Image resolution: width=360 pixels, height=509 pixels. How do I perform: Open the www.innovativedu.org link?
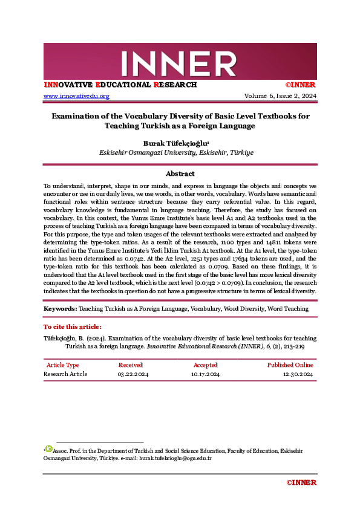76,96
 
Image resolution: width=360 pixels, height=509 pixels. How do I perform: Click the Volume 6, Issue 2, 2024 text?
280,96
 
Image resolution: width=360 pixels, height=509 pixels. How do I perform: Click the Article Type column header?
63,365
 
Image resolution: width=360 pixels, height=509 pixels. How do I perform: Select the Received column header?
130,365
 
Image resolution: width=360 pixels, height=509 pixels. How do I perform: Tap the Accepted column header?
205,365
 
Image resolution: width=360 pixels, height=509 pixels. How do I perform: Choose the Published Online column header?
290,365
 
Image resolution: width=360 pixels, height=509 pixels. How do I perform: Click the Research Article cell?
65,374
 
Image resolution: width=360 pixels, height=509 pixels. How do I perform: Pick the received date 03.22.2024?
133,374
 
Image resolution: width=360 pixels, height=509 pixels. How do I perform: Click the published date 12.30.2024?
298,374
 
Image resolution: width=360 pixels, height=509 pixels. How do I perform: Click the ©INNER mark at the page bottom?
301,482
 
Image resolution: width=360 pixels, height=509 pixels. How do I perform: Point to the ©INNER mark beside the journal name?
301,85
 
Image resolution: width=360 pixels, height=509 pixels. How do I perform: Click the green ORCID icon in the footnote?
49,449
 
